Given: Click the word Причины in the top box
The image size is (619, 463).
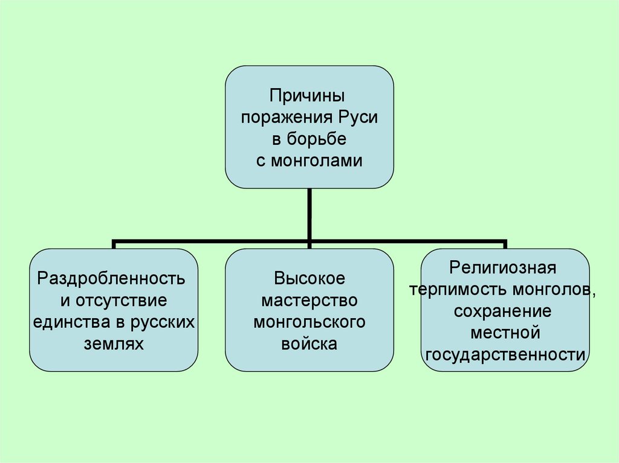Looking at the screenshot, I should click(309, 95).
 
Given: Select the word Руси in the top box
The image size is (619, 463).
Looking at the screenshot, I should click(361, 117).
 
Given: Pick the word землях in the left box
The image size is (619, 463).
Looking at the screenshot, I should click(114, 343).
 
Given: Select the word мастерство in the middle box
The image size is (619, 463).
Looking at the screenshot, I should click(309, 300).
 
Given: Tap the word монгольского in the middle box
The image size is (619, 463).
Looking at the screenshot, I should click(309, 322).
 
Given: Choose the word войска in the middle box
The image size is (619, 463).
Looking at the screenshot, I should click(309, 343).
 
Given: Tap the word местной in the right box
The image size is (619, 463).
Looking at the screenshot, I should click(505, 333).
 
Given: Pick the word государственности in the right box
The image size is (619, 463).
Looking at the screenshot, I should click(505, 354).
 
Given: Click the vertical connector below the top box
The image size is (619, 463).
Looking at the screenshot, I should click(309, 214).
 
